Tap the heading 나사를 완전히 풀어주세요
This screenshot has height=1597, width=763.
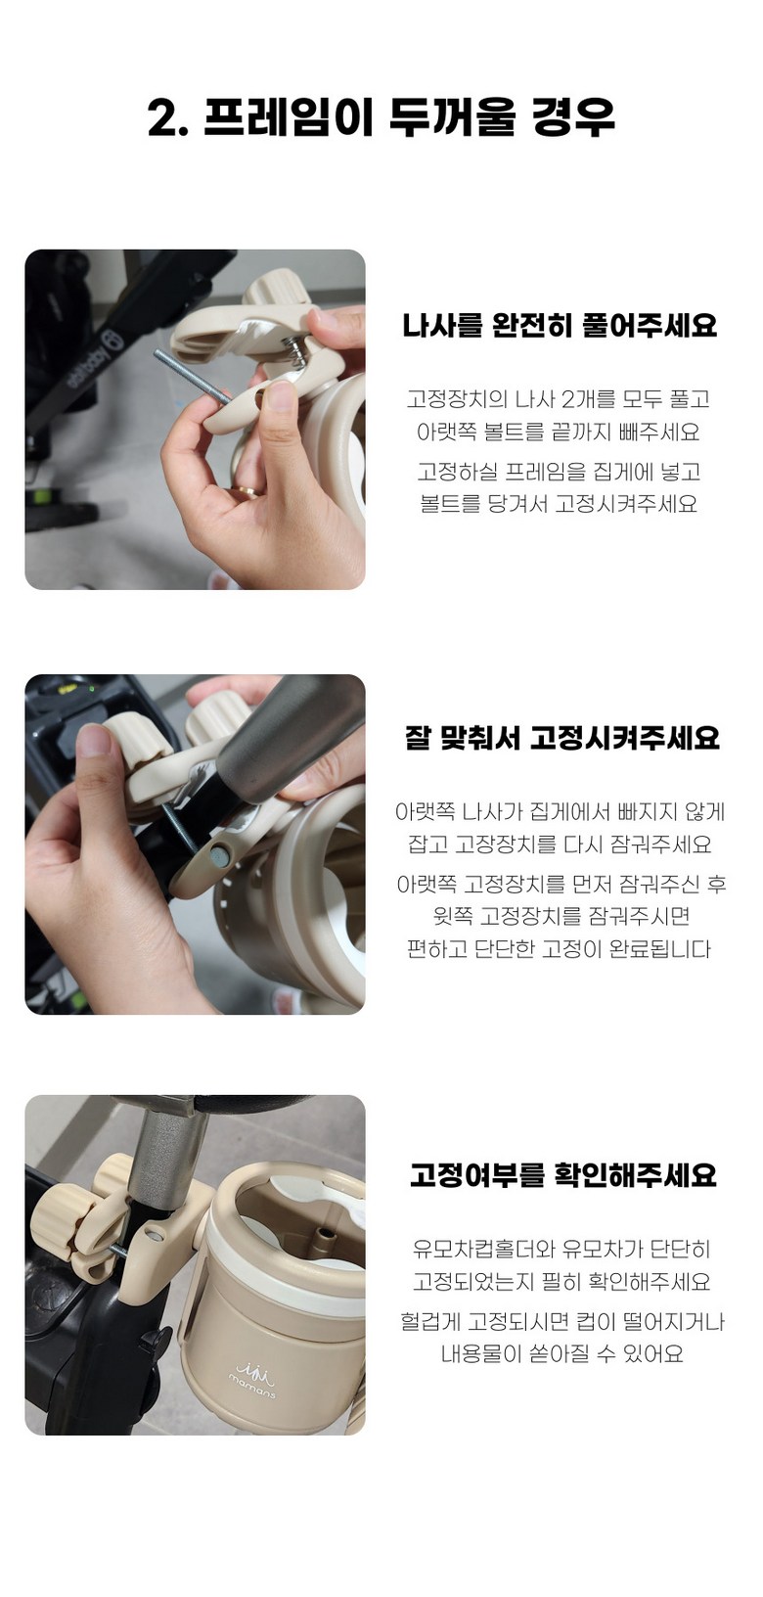[560, 325]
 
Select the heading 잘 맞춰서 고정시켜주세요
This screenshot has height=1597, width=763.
[562, 737]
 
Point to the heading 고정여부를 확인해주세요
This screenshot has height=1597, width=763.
[562, 1175]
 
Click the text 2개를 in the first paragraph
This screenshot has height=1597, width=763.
[587, 398]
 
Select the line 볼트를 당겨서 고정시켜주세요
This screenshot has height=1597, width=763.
[559, 504]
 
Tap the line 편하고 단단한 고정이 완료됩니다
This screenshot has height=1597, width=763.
[559, 949]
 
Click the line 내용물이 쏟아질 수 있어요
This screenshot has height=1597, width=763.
[562, 1353]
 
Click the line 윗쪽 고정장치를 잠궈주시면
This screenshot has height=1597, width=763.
[561, 915]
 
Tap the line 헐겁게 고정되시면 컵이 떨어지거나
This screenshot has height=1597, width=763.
[562, 1321]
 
